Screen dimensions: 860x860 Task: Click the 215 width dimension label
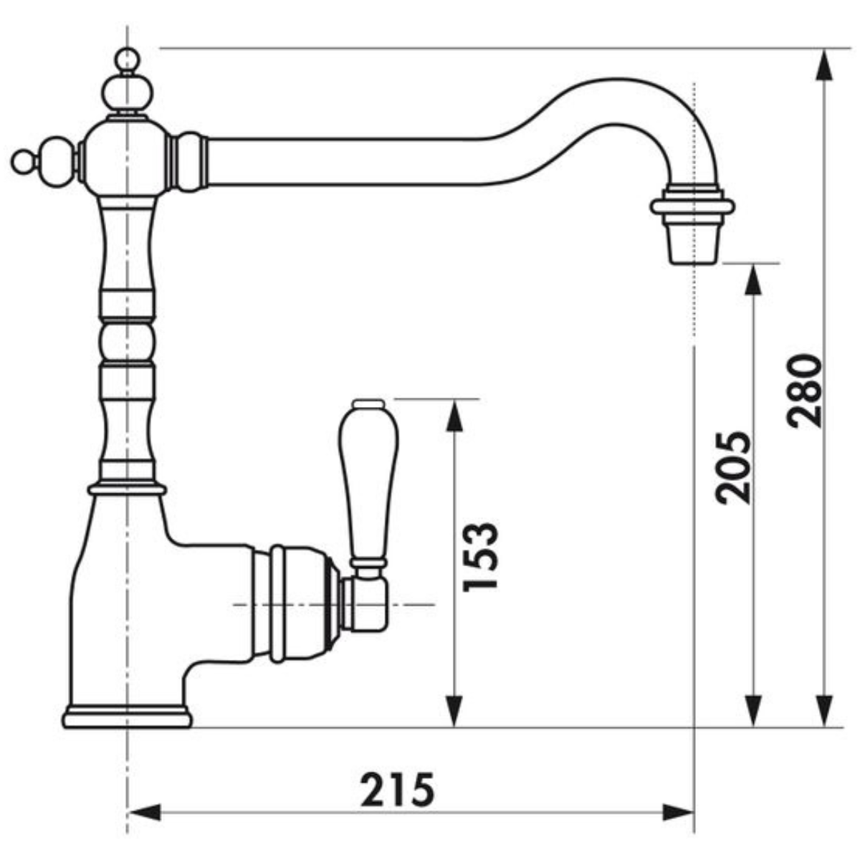click(397, 789)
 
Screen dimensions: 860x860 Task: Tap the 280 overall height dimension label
click(804, 392)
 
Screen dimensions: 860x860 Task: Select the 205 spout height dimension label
click(734, 467)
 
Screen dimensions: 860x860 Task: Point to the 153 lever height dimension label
click(480, 557)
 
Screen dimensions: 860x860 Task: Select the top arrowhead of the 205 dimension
click(754, 279)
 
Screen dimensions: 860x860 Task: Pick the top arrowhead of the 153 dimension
click(454, 415)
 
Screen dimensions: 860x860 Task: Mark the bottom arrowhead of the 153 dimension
click(454, 711)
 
